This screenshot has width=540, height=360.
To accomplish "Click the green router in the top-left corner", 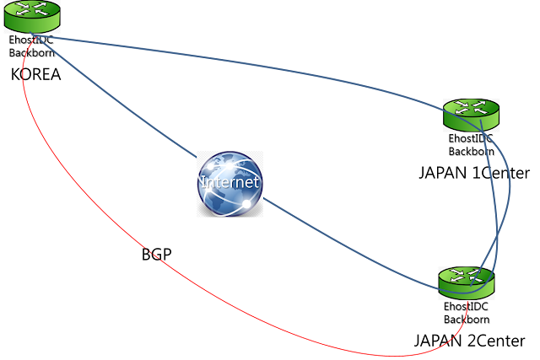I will pyautogui.click(x=32, y=17).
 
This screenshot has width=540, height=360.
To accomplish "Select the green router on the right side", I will pyautogui.click(x=472, y=115).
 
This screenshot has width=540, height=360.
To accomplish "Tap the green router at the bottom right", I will pyautogui.click(x=466, y=282).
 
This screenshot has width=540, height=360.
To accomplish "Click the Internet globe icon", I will pyautogui.click(x=229, y=184).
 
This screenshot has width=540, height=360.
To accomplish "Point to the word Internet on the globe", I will pyautogui.click(x=229, y=182).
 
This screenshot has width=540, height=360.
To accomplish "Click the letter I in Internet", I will pyautogui.click(x=202, y=182).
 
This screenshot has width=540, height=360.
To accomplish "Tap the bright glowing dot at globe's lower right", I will pyautogui.click(x=246, y=203).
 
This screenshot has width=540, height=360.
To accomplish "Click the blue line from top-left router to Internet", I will pyautogui.click(x=114, y=96).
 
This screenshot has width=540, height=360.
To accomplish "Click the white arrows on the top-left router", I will pyautogui.click(x=32, y=10).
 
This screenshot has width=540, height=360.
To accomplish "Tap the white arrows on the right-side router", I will pyautogui.click(x=472, y=108).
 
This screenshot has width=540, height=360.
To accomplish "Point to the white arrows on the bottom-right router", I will pyautogui.click(x=466, y=276).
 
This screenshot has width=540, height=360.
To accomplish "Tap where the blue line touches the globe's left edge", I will pyautogui.click(x=198, y=158).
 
